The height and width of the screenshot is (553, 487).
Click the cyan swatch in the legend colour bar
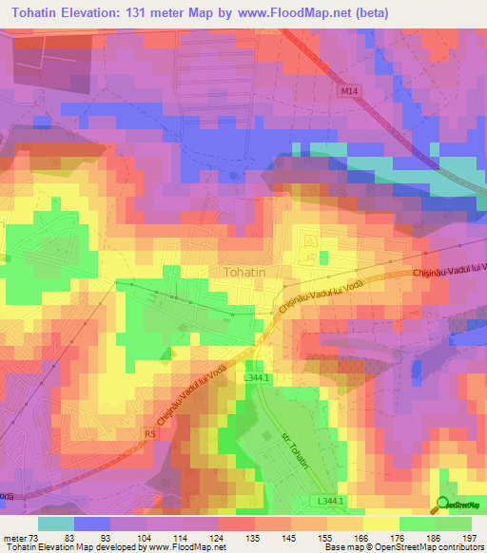tap(56, 524)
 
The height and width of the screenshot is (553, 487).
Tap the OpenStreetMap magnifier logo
tap(444, 504)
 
